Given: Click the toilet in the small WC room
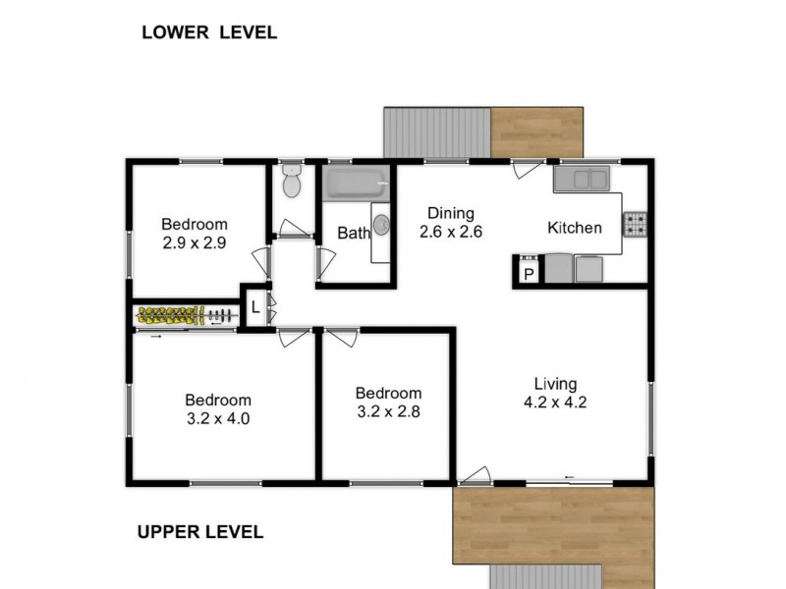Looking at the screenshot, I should pyautogui.click(x=291, y=182).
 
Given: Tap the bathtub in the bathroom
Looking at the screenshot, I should pyautogui.click(x=356, y=184).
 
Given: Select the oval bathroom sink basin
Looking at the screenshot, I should pyautogui.click(x=381, y=225).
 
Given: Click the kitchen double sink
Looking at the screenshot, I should pyautogui.click(x=583, y=179).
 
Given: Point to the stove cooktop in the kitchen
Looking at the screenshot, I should pyautogui.click(x=635, y=225).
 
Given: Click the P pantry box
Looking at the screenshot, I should pyautogui.click(x=528, y=274).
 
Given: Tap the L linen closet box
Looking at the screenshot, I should pyautogui.click(x=254, y=307).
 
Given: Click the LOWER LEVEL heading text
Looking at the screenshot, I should pyautogui.click(x=209, y=31).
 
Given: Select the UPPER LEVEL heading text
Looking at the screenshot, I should pyautogui.click(x=199, y=532).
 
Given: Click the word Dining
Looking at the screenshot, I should pyautogui.click(x=451, y=213).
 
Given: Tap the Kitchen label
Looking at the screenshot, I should pyautogui.click(x=575, y=228).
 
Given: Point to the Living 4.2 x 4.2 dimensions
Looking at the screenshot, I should pyautogui.click(x=555, y=402).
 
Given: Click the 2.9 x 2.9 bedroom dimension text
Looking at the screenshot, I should pyautogui.click(x=195, y=242).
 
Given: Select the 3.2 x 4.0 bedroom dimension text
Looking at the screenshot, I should pyautogui.click(x=218, y=418).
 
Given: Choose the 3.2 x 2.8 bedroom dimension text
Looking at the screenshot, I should pyautogui.click(x=388, y=411).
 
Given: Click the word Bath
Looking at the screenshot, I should pyautogui.click(x=353, y=234).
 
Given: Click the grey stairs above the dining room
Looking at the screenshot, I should pyautogui.click(x=436, y=132).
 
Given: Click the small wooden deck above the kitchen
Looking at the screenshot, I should pyautogui.click(x=537, y=132).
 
